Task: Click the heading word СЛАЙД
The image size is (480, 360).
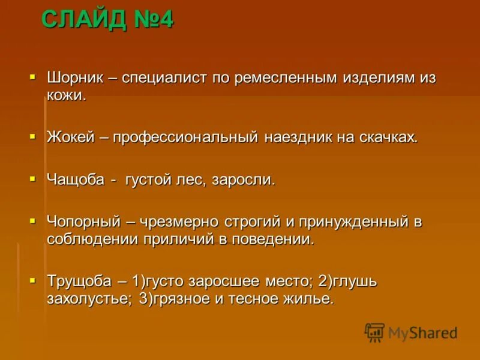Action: (x=83, y=20)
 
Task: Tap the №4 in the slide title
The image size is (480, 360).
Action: (x=152, y=20)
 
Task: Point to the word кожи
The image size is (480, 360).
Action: (x=67, y=96)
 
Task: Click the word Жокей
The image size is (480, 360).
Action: (x=70, y=137)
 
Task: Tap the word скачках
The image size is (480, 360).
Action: (x=388, y=137)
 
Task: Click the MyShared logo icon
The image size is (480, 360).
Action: (x=374, y=332)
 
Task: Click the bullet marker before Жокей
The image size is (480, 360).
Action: (x=33, y=136)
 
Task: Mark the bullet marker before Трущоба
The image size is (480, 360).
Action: (x=33, y=280)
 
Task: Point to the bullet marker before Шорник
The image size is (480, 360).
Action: (x=33, y=77)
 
